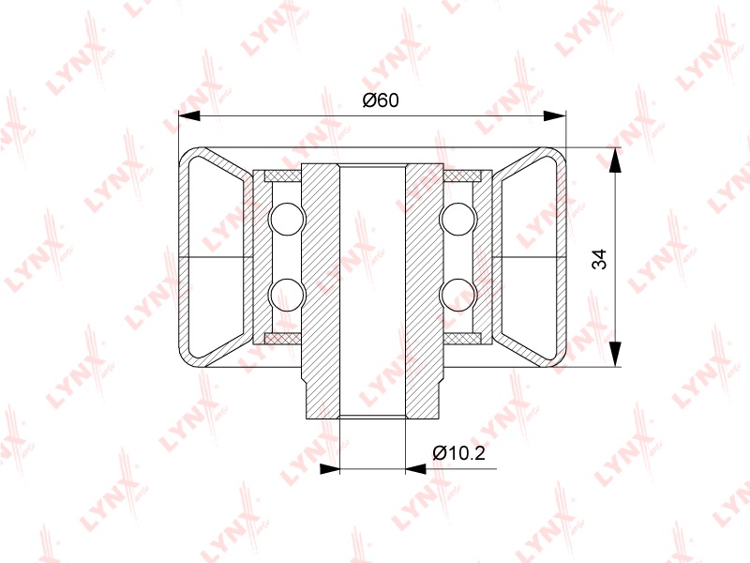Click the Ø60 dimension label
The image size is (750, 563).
pyautogui.click(x=381, y=100)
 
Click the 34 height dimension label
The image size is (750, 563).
pyautogui.click(x=599, y=259)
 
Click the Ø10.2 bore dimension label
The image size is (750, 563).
pyautogui.click(x=458, y=452)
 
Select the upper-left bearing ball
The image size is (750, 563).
pyautogui.click(x=287, y=220)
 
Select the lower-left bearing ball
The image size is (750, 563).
pyautogui.click(x=287, y=295)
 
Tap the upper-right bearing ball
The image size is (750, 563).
pyautogui.click(x=457, y=220)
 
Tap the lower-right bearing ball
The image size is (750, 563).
pyautogui.click(x=457, y=295)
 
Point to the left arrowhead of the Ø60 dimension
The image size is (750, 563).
pyautogui.click(x=189, y=115)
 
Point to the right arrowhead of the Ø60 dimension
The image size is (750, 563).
pyautogui.click(x=555, y=115)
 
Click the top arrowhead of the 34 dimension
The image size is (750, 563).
pyautogui.click(x=615, y=160)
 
